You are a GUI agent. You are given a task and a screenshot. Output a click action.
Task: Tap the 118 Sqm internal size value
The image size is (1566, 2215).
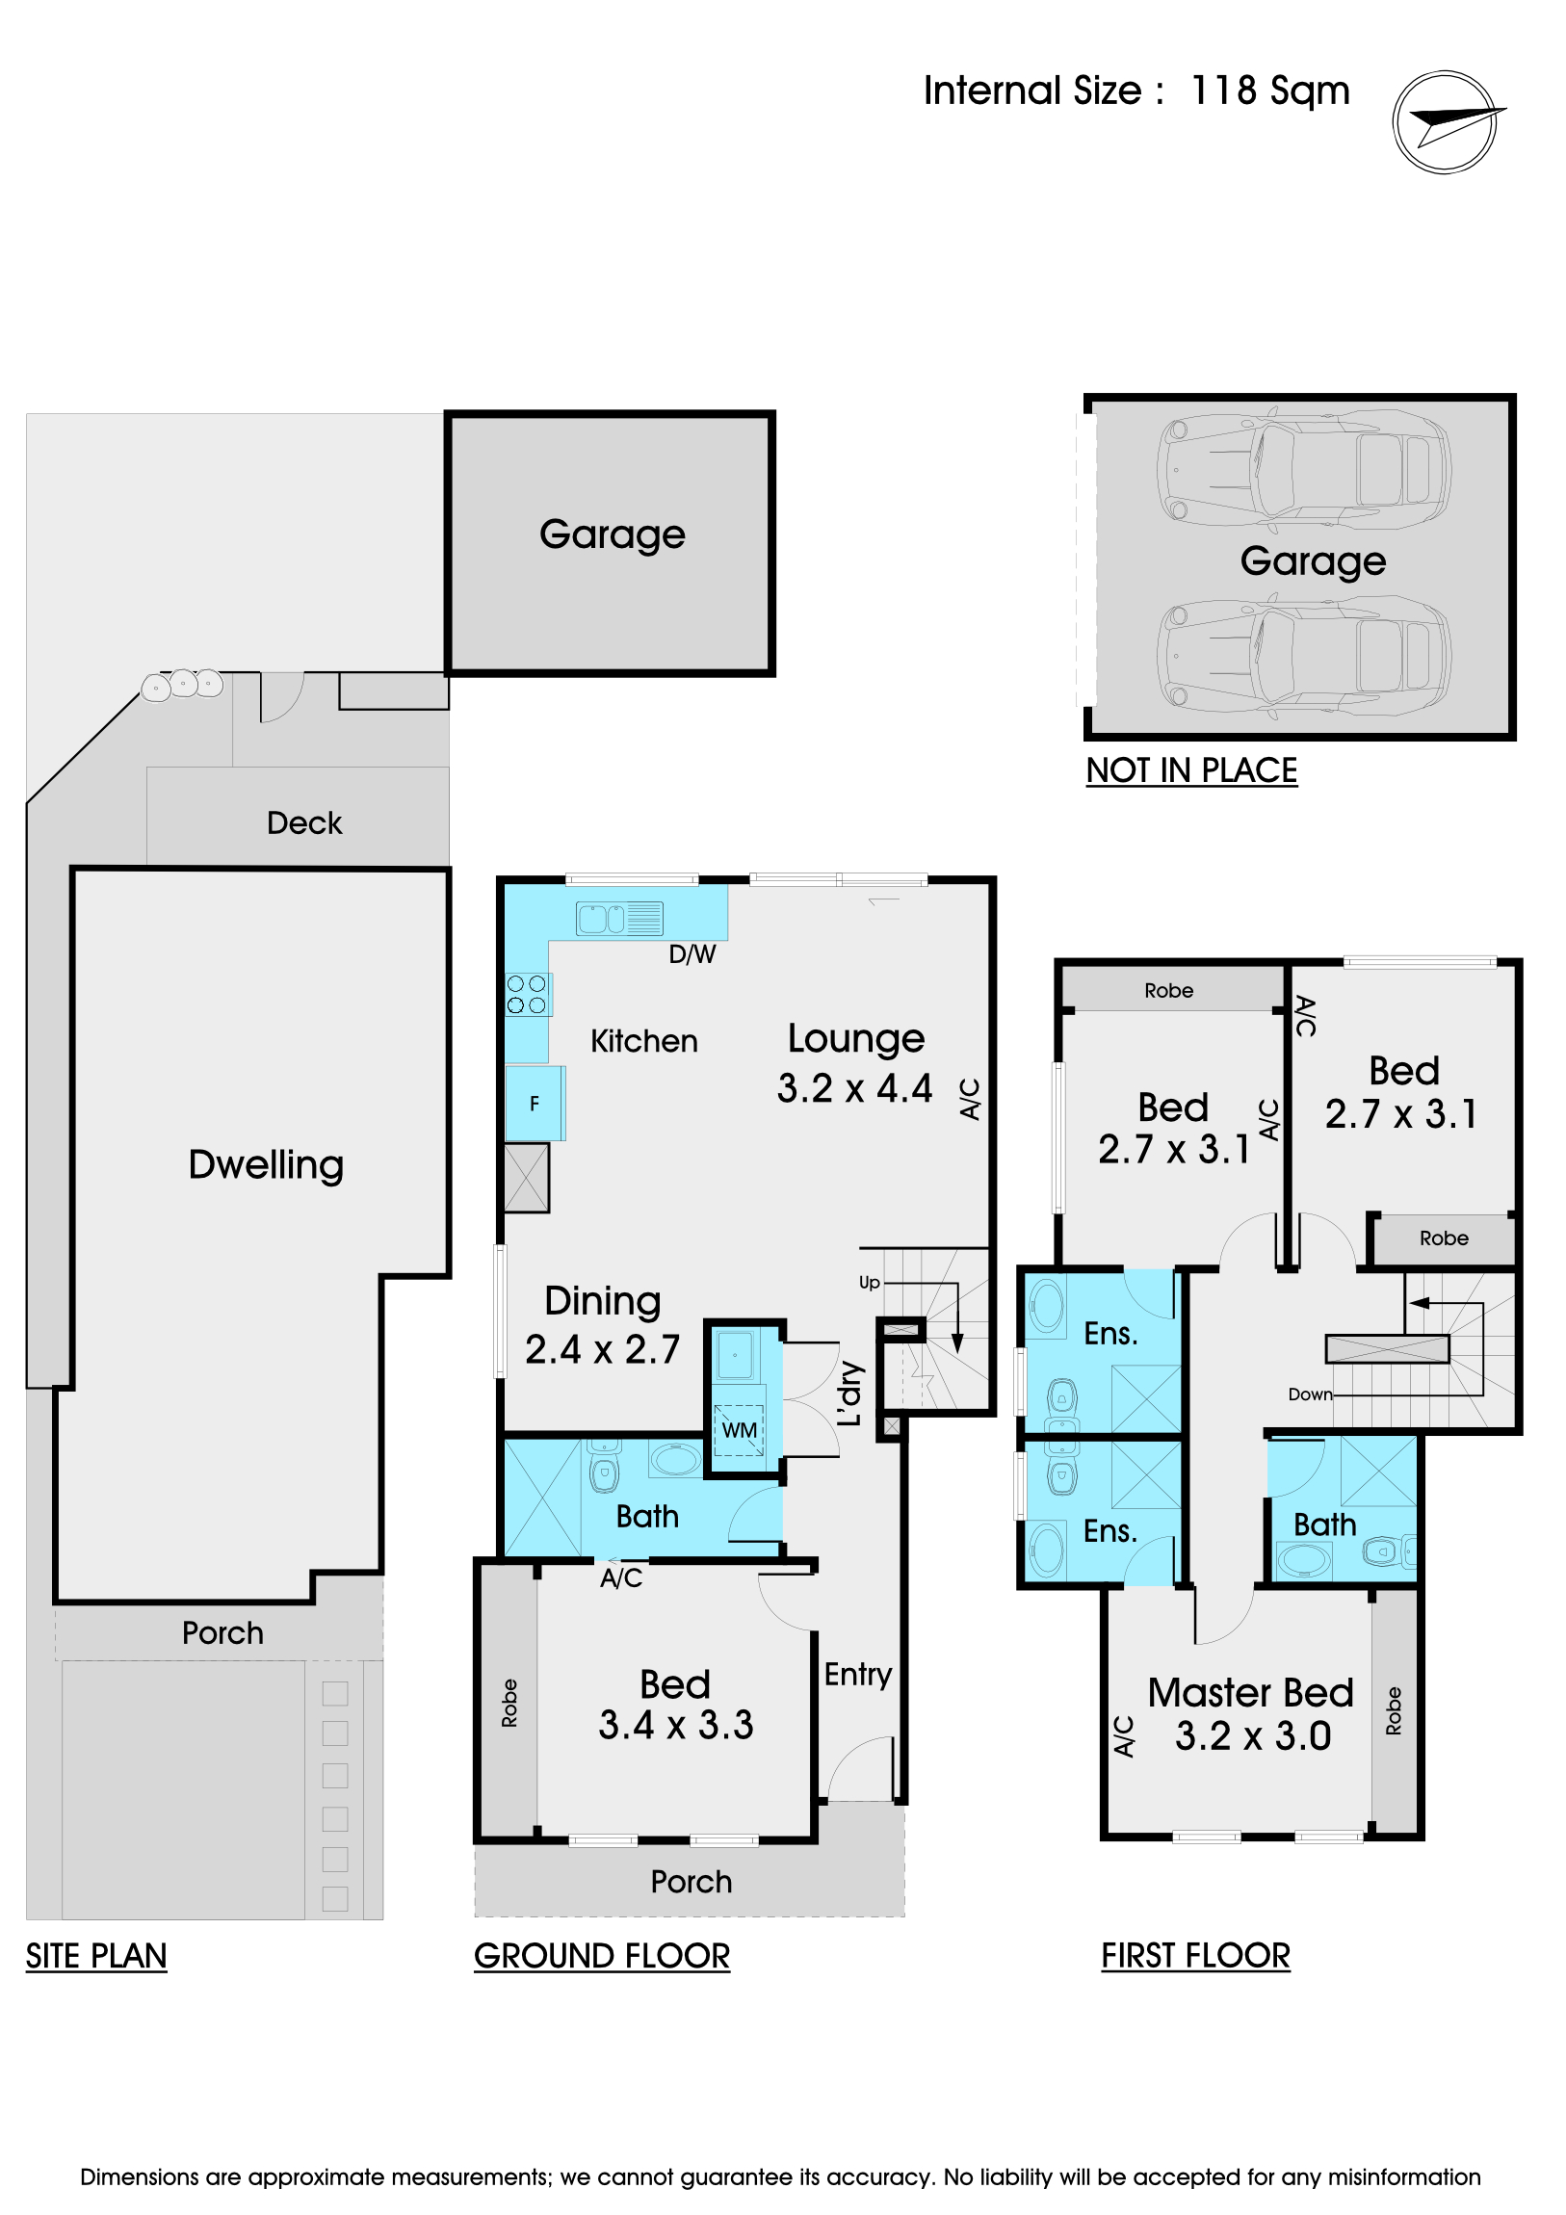(x=1269, y=91)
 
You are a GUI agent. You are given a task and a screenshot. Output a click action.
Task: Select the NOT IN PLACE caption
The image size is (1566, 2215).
(x=1191, y=769)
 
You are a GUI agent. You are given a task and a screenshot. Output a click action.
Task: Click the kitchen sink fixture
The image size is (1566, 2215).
(x=619, y=919)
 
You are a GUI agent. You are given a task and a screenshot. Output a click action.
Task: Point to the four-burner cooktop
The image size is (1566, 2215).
(x=527, y=994)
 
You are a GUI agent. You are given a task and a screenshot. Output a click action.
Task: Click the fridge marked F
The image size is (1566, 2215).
(x=535, y=1104)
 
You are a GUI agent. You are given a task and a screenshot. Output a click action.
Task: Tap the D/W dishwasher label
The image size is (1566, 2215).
(x=692, y=954)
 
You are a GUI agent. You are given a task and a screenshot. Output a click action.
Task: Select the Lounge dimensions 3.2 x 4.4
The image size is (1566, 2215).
(x=855, y=1088)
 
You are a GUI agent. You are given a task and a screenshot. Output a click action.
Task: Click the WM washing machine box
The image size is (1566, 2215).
(x=739, y=1430)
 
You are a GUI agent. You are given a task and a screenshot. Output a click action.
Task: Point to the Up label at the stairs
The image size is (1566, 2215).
(x=870, y=1283)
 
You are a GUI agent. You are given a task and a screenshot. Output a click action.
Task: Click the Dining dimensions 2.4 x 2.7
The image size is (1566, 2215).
(x=602, y=1348)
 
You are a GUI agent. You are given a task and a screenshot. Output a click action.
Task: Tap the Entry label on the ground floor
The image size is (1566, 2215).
(x=858, y=1676)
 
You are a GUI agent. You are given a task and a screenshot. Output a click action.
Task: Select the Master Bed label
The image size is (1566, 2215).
(x=1250, y=1693)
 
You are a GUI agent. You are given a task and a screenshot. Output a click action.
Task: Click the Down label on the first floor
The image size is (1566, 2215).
(x=1311, y=1394)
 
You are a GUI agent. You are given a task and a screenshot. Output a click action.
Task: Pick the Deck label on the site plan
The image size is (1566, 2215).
(x=304, y=822)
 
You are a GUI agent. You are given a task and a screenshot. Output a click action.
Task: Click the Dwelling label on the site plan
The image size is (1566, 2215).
(x=267, y=1165)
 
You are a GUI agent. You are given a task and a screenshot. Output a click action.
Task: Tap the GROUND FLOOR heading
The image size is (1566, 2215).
(x=602, y=1957)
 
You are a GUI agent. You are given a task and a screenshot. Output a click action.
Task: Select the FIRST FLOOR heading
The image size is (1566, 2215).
(x=1195, y=1956)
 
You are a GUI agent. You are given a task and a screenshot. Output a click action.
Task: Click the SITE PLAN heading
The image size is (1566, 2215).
(x=96, y=1957)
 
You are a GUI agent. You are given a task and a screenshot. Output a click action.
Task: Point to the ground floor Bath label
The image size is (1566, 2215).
(x=647, y=1517)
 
